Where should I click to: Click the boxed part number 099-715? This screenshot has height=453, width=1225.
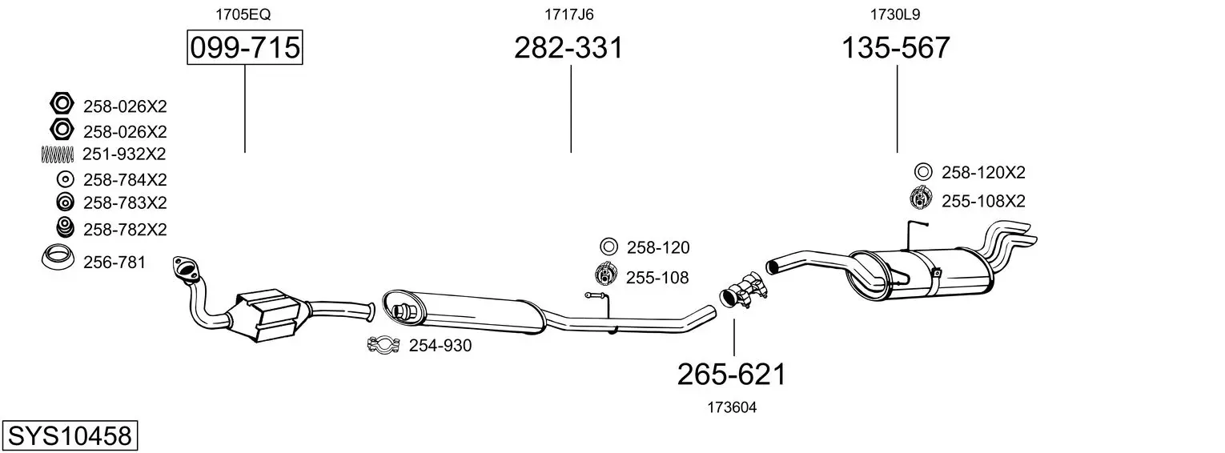(x=244, y=47)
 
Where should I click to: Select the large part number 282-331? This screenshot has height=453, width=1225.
(x=568, y=47)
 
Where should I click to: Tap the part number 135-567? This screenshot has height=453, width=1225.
(x=896, y=47)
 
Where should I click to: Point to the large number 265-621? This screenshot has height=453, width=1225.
(x=732, y=375)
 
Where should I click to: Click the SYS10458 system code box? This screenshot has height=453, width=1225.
(x=70, y=435)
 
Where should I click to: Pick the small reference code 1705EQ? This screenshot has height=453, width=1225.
(x=243, y=14)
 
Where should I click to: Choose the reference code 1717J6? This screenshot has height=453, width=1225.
(x=568, y=14)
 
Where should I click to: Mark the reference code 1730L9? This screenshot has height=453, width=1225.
(x=895, y=14)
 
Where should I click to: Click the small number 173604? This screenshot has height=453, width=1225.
(x=732, y=407)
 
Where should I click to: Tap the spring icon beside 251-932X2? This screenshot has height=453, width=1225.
(x=57, y=154)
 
